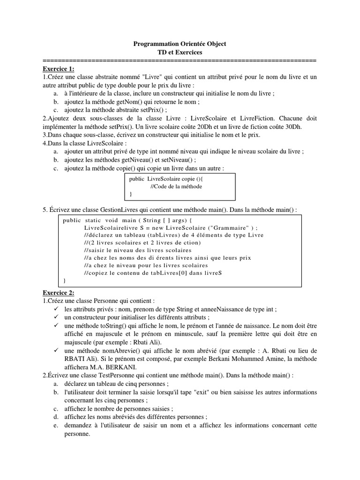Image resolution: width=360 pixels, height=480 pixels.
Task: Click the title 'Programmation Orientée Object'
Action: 180,44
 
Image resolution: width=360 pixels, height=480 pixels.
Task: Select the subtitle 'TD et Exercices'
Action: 180,52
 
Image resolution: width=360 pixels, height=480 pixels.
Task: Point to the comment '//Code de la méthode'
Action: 176,186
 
